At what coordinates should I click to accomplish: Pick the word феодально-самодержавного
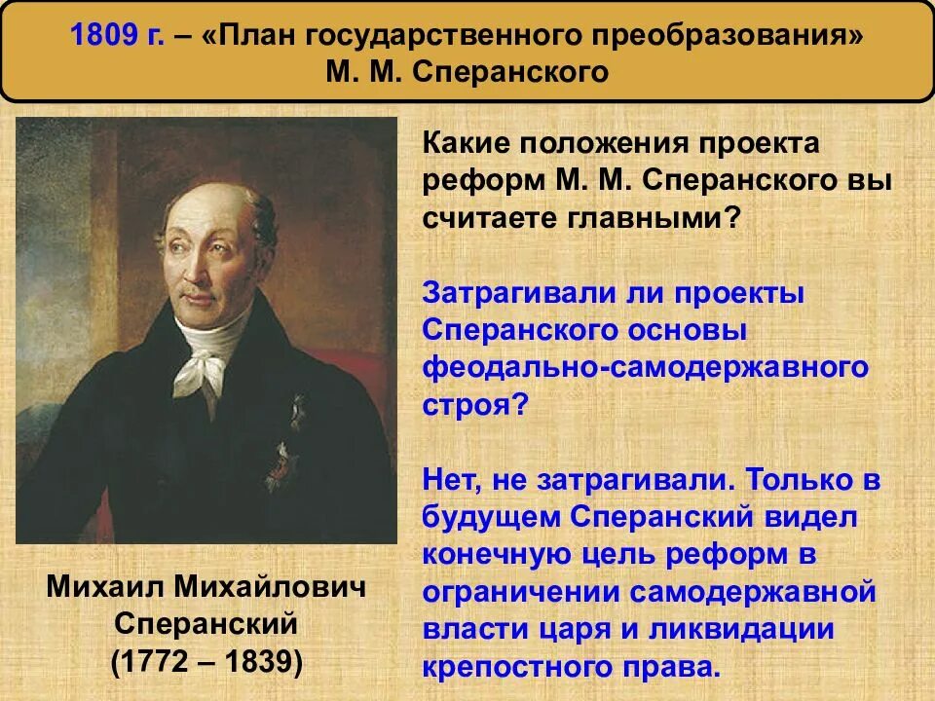645,368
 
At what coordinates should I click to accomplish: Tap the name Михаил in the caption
102,586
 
